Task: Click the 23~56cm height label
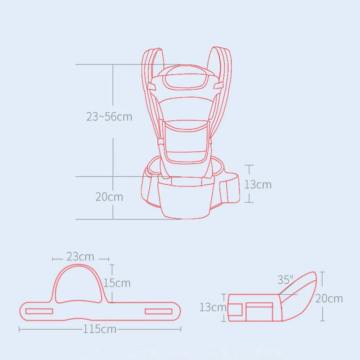click(x=109, y=117)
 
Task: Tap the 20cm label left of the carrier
click(x=109, y=197)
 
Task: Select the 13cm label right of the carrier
click(x=258, y=184)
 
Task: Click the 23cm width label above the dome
click(x=80, y=257)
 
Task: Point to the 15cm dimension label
click(x=117, y=283)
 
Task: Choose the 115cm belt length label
click(x=100, y=329)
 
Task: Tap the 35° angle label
click(x=285, y=280)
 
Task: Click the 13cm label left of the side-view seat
click(x=213, y=307)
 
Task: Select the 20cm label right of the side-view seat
click(x=329, y=298)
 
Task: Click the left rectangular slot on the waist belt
click(x=39, y=311)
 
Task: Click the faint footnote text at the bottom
click(x=180, y=351)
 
